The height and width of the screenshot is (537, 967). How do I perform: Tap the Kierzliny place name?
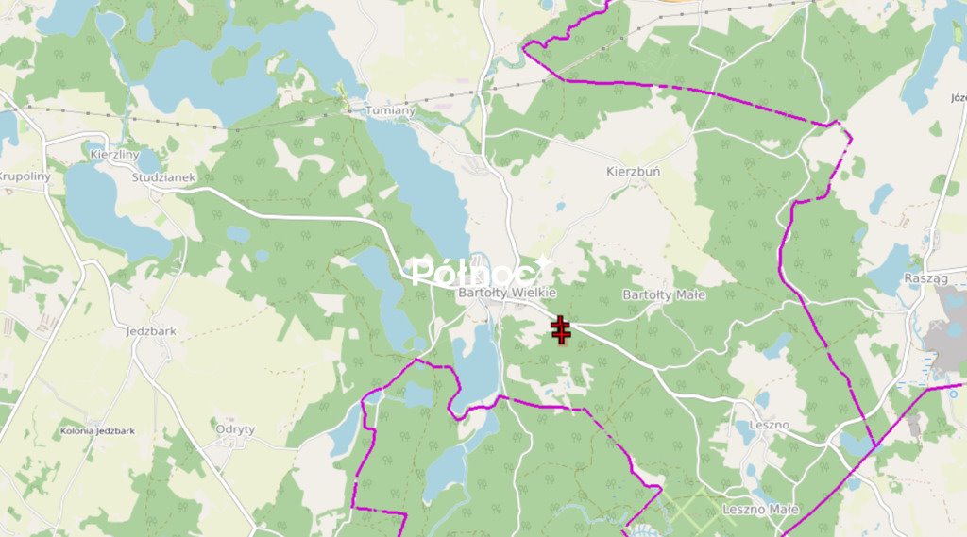(114, 154)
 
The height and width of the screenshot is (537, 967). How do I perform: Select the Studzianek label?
(163, 176)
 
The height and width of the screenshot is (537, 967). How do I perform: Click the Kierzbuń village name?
(633, 173)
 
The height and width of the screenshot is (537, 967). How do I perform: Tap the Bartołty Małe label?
(664, 295)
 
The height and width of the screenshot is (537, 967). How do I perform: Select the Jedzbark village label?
(151, 331)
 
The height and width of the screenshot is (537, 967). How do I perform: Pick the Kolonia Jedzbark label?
(96, 430)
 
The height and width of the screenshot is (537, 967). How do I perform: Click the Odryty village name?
(235, 428)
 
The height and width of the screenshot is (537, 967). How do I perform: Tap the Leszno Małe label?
(760, 510)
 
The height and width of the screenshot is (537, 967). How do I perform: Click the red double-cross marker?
(561, 330)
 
